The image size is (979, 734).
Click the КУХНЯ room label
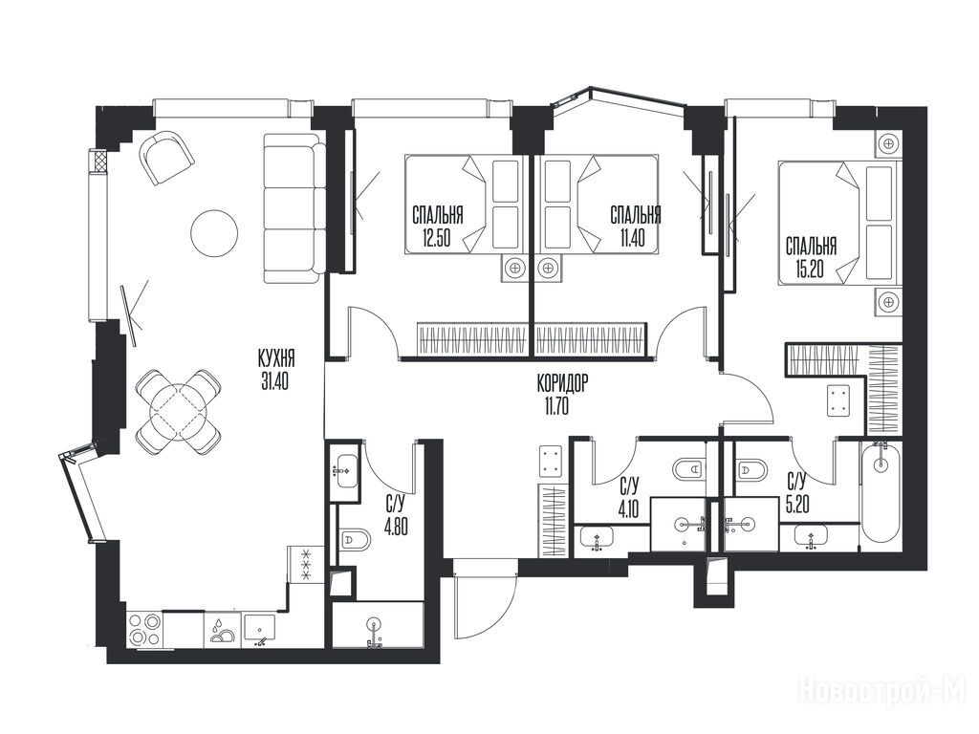click(x=276, y=359)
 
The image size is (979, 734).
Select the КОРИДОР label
click(x=562, y=384)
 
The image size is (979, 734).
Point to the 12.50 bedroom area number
click(x=436, y=238)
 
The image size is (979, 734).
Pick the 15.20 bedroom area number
click(x=812, y=269)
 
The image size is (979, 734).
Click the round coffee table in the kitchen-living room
click(x=214, y=232)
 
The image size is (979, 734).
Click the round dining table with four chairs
click(x=179, y=411)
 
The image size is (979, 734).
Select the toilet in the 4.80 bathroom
click(x=354, y=538)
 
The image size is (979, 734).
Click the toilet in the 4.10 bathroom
click(x=689, y=468)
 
